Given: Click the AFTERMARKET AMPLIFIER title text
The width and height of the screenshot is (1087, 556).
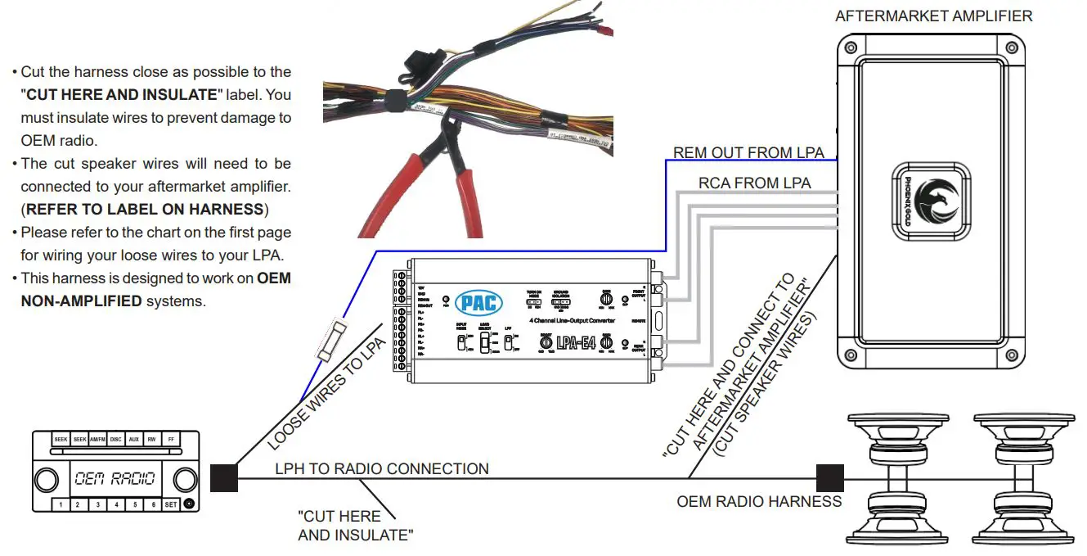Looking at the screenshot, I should point(933,16).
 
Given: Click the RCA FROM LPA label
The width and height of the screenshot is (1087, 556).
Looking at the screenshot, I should point(754,183).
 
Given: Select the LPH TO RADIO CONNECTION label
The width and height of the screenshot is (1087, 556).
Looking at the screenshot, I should point(381,468).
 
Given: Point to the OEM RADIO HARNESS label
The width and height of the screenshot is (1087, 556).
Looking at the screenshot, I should point(758,501).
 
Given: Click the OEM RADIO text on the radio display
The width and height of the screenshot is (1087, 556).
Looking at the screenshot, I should point(115,478).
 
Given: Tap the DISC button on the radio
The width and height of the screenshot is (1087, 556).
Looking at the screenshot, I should point(115,440).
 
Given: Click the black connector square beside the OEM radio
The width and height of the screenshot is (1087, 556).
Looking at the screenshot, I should point(224,478).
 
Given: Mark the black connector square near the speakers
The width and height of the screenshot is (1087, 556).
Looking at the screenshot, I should point(829,478).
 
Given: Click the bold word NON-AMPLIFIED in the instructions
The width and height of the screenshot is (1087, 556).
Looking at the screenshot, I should point(81,301).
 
